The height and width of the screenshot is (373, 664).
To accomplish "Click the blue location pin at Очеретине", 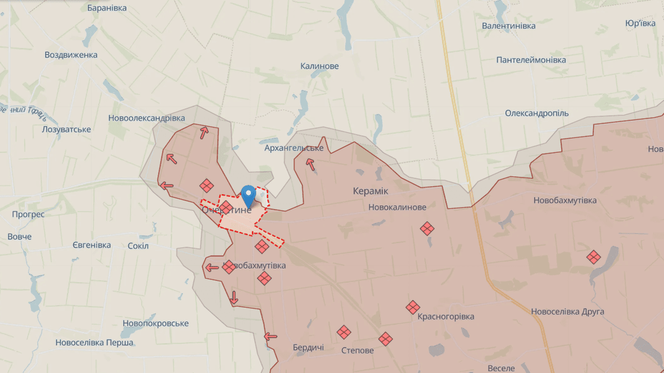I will click(x=248, y=195).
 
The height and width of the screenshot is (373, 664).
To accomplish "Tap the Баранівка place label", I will click(x=107, y=8).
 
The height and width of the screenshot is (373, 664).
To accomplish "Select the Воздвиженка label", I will click(x=71, y=54).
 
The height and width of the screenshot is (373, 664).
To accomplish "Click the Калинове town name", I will click(x=320, y=66).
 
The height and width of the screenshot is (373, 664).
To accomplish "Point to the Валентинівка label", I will click(x=509, y=26).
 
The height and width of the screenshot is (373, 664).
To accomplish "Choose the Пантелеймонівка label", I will click(x=531, y=60).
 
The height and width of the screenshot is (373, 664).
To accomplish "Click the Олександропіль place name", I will click(x=536, y=113).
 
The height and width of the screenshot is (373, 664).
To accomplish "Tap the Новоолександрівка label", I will click(x=146, y=118).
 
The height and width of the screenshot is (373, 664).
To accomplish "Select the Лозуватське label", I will click(x=66, y=129).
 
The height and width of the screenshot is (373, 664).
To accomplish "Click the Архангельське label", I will click(x=294, y=148).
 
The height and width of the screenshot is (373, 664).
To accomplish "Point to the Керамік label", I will click(x=370, y=191).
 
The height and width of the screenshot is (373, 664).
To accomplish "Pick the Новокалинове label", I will click(x=397, y=207).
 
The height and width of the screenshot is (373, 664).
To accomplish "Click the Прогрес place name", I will click(x=28, y=214).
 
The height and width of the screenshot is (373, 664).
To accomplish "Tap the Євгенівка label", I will click(x=92, y=245).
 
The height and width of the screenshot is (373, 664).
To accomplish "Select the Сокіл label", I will click(x=138, y=246).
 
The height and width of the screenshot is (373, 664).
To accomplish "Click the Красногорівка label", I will click(x=445, y=317).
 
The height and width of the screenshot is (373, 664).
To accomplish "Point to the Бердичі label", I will click(x=308, y=348).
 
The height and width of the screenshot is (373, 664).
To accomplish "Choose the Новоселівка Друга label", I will click(x=567, y=311).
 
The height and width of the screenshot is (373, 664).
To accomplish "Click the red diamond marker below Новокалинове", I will click(x=427, y=228).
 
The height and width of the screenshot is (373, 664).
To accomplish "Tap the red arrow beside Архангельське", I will click(x=310, y=164).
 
